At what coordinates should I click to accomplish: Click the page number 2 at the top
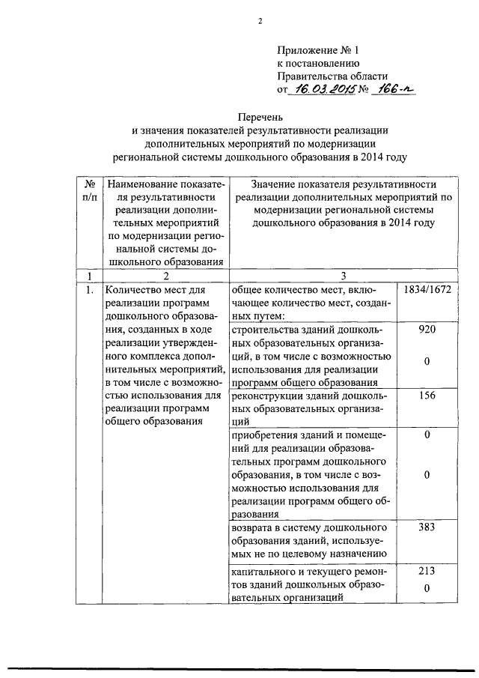260,21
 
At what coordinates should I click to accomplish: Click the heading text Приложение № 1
318,50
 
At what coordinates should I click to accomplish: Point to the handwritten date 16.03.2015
321,90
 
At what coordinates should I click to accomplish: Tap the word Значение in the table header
276,184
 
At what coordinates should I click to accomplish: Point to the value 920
427,330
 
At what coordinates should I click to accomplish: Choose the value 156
427,396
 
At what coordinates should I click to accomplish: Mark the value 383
427,527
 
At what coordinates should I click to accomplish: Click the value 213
427,571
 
